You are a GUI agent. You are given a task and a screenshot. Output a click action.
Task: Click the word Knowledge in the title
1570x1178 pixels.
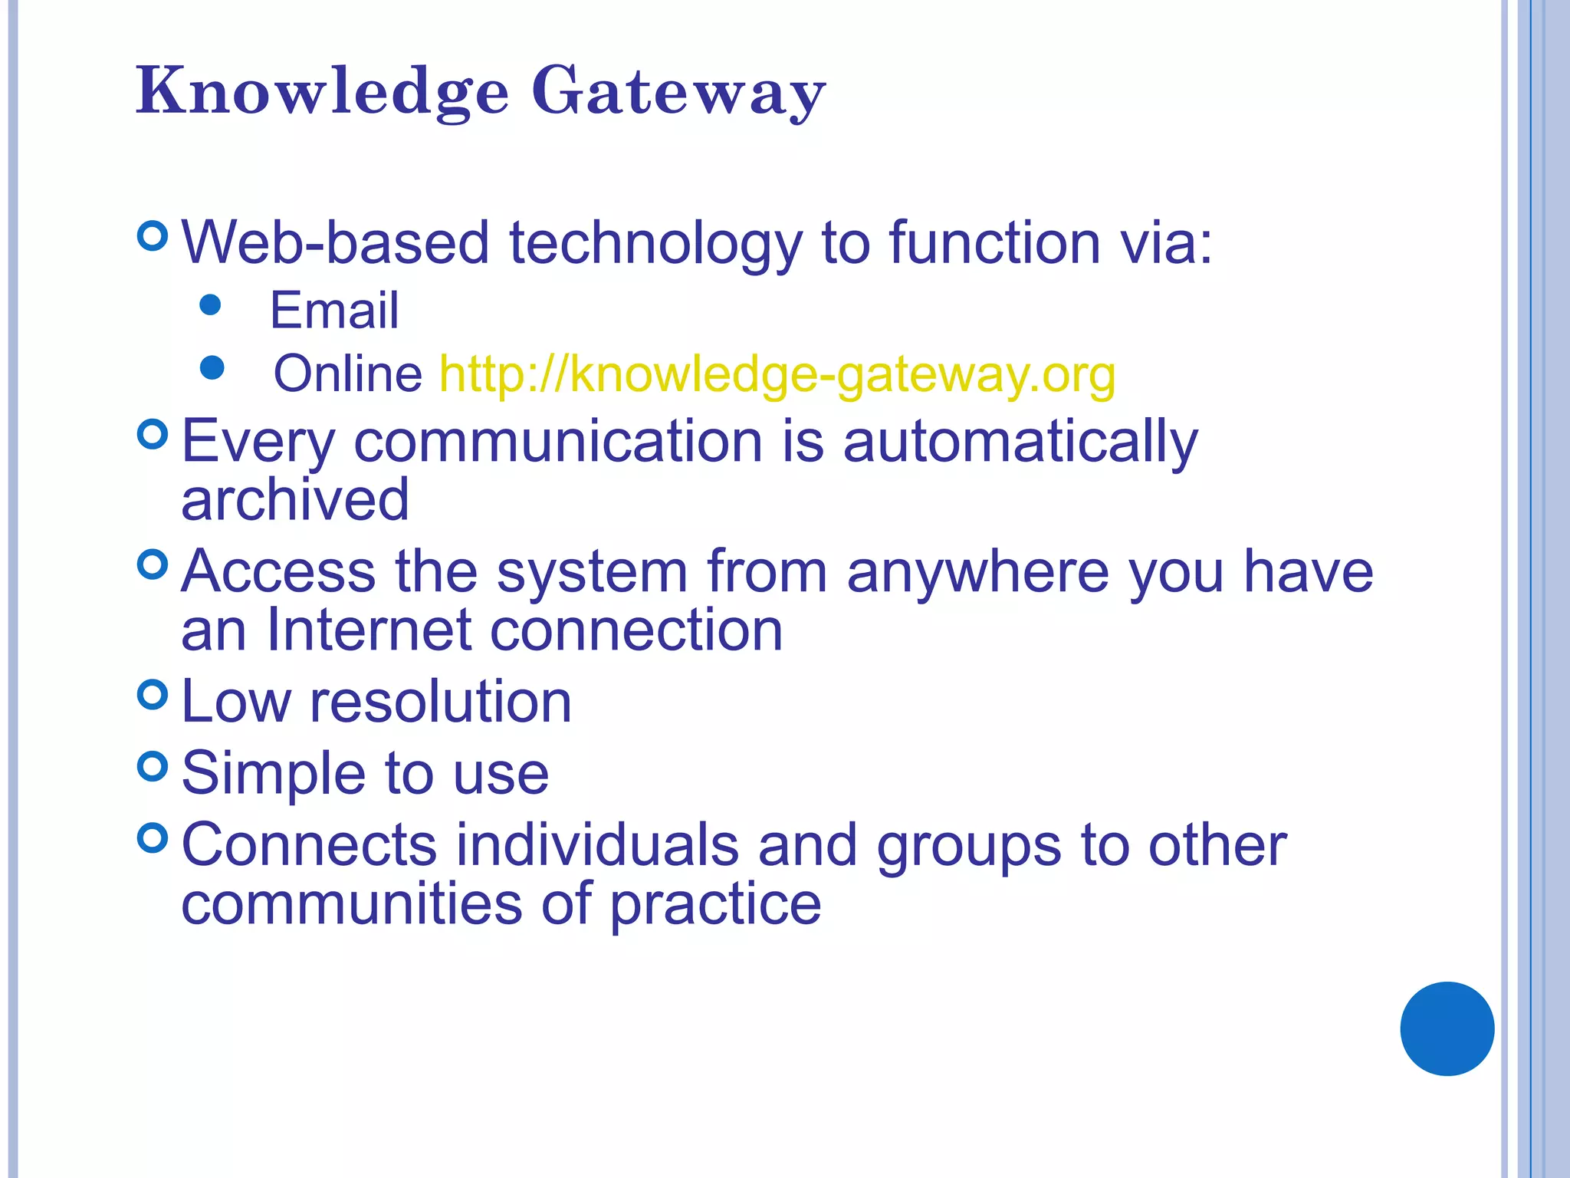[322, 92]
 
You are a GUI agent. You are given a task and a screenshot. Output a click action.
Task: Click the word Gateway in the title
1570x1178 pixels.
[678, 92]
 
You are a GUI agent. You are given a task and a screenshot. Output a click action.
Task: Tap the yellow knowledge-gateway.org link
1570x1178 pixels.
[777, 375]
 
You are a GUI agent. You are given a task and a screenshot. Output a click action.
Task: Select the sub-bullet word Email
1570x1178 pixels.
[334, 311]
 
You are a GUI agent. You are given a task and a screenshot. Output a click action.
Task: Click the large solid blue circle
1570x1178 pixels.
[1447, 1028]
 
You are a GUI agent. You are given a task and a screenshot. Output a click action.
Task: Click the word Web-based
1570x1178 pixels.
[335, 242]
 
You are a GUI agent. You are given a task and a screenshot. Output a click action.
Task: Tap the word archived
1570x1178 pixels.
[295, 499]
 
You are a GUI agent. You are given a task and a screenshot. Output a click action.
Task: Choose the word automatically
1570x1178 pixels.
[1020, 443]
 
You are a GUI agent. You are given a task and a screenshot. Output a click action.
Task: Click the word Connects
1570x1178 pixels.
[309, 845]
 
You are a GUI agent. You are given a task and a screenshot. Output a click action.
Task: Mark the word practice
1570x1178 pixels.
[715, 906]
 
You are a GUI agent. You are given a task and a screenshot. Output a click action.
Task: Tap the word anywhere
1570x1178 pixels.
[978, 572]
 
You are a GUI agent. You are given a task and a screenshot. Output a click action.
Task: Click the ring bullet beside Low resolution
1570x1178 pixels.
[153, 695]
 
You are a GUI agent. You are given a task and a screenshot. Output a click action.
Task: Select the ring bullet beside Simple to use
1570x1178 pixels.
[153, 766]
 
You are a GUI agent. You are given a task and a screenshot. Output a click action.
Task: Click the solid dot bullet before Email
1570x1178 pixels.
[210, 305]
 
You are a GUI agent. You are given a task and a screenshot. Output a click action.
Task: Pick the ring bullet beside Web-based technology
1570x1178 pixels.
[153, 235]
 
